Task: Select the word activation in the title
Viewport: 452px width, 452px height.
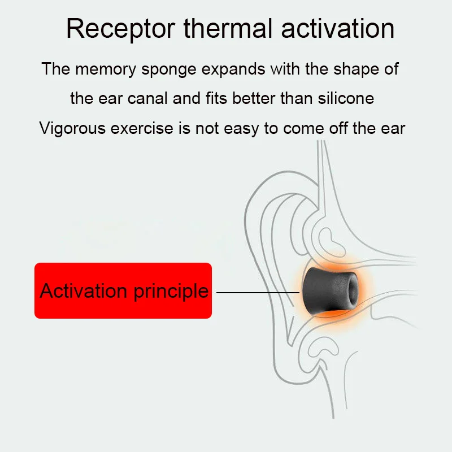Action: pyautogui.click(x=337, y=29)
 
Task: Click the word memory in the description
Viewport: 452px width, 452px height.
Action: pyautogui.click(x=106, y=69)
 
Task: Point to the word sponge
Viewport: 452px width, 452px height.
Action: pyautogui.click(x=168, y=69)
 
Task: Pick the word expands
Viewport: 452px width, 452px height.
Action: pyautogui.click(x=233, y=69)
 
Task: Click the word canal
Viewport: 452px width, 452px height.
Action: pyautogui.click(x=147, y=98)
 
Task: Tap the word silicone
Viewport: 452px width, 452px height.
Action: pyautogui.click(x=346, y=98)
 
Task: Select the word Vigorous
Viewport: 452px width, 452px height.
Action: pyautogui.click(x=72, y=128)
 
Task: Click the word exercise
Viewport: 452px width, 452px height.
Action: pyautogui.click(x=142, y=128)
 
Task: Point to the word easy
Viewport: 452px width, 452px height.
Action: pyautogui.click(x=241, y=129)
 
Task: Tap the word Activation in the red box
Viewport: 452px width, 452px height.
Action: pyautogui.click(x=83, y=290)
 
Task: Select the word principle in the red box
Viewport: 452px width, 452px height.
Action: pyautogui.click(x=171, y=292)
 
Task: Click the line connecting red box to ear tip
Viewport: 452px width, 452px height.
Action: pyautogui.click(x=258, y=293)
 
